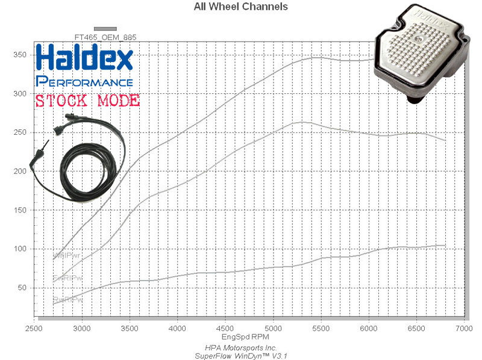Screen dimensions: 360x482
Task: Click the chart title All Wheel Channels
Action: point(240,7)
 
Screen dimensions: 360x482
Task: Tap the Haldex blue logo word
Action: point(84,59)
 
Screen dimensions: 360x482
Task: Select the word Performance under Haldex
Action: point(84,81)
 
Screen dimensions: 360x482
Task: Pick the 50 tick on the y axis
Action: point(23,288)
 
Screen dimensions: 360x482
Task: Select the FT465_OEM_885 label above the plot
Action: point(105,37)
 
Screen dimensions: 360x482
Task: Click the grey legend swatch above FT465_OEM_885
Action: point(105,28)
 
